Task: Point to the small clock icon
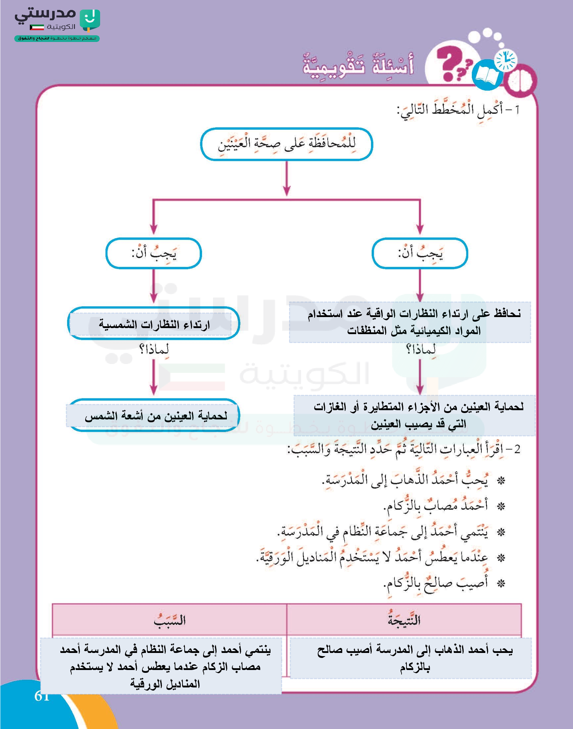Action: pos(506,60)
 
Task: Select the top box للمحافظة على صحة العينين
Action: pos(286,144)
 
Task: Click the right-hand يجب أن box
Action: pos(420,253)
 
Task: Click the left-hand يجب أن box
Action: pos(154,253)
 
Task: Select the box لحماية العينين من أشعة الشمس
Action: pos(154,416)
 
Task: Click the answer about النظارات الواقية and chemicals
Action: pos(410,322)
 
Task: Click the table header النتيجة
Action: pos(404,620)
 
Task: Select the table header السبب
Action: pos(169,620)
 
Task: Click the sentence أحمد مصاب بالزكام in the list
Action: pos(437,505)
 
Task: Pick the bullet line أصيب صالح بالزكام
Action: pos(437,583)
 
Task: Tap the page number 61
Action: pos(42,696)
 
